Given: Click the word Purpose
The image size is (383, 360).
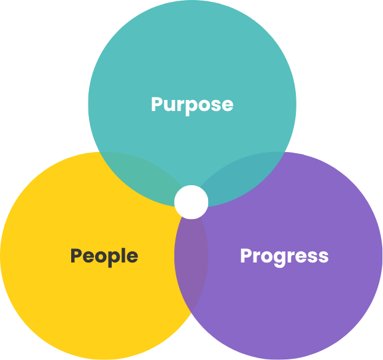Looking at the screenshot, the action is [192, 105].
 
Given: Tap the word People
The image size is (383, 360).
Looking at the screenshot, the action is [104, 257].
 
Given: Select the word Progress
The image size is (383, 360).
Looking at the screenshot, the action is [284, 257].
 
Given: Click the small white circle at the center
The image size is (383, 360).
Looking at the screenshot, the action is [191, 202].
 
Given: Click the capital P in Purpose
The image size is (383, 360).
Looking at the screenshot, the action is [157, 104].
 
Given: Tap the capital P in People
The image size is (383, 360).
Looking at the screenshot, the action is [76, 255].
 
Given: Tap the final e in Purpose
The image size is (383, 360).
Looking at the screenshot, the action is [227, 106].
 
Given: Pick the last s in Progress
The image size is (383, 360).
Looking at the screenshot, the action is [323, 257].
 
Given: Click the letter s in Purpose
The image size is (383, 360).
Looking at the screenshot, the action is [215, 106].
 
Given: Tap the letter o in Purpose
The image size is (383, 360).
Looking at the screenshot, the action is [203, 106].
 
